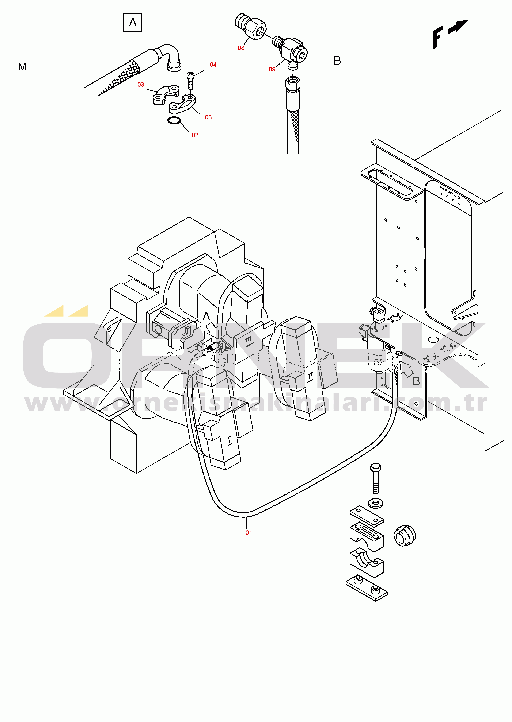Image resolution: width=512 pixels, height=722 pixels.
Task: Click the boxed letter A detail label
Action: [132, 22]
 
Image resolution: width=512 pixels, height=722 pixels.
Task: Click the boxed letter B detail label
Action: [337, 61]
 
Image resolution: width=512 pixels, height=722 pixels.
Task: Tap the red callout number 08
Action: [241, 48]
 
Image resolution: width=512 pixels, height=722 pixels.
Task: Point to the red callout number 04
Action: [213, 65]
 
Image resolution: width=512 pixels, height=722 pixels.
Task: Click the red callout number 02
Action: [195, 135]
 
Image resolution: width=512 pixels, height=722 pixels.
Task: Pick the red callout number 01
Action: [249, 532]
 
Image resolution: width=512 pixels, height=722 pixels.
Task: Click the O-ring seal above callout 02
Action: [174, 120]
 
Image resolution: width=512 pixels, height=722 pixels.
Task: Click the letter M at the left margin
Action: [22, 67]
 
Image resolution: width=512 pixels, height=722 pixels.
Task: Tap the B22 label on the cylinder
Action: [381, 362]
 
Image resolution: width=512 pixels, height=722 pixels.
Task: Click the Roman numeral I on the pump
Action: [229, 441]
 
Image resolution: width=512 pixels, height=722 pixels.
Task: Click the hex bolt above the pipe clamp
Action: [375, 478]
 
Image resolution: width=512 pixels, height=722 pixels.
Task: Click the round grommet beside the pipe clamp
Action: [405, 536]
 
